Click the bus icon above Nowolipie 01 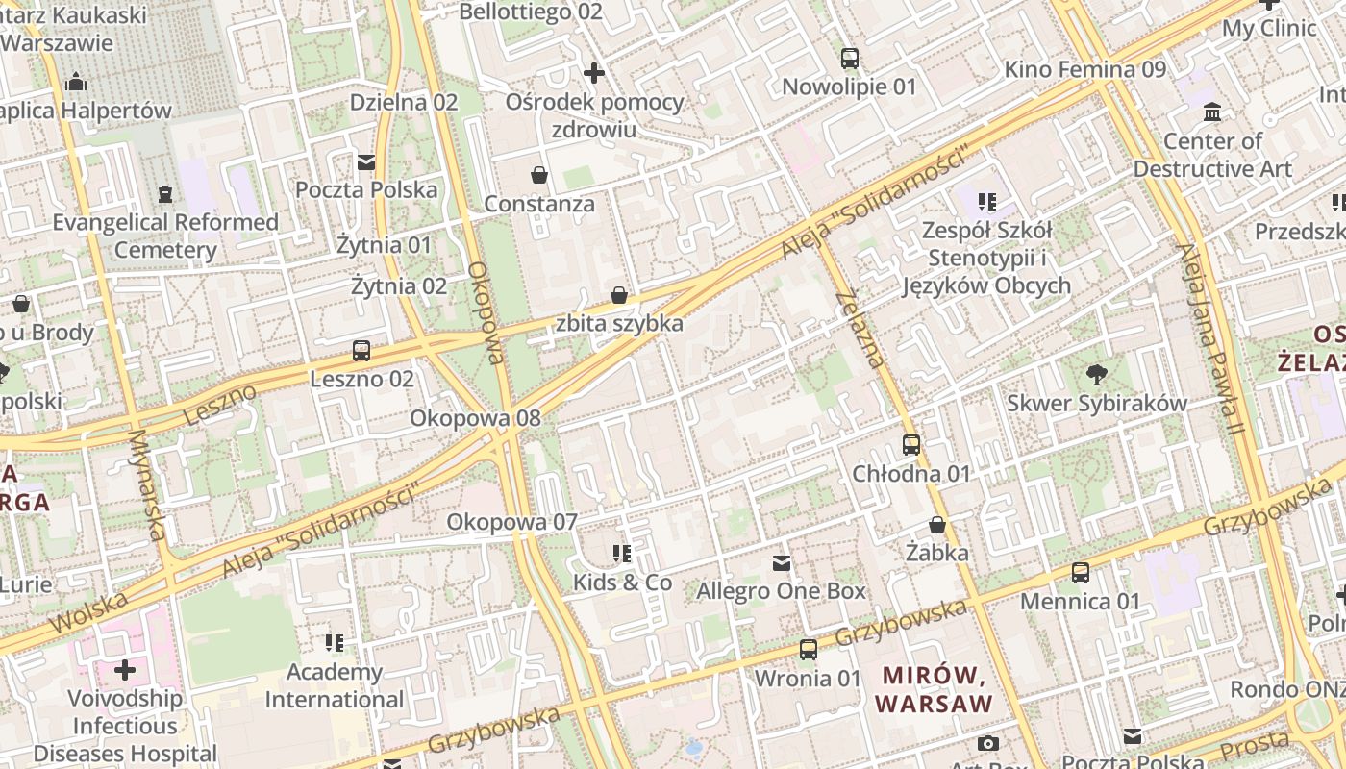click(849, 59)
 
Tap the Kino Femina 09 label click(1084, 69)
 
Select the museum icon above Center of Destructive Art click(1212, 112)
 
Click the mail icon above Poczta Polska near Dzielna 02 click(366, 161)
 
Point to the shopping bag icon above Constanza click(539, 176)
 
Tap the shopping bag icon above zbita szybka click(619, 295)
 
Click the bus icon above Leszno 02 click(361, 351)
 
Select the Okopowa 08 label click(475, 418)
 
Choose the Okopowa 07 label click(511, 522)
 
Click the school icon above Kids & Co click(622, 554)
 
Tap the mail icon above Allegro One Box click(782, 562)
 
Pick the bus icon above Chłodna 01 click(911, 445)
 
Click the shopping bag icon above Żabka click(937, 525)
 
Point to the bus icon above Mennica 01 click(1081, 573)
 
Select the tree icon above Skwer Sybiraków click(1096, 375)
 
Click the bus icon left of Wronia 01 click(809, 650)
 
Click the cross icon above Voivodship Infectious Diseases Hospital click(125, 669)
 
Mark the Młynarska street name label click(147, 484)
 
